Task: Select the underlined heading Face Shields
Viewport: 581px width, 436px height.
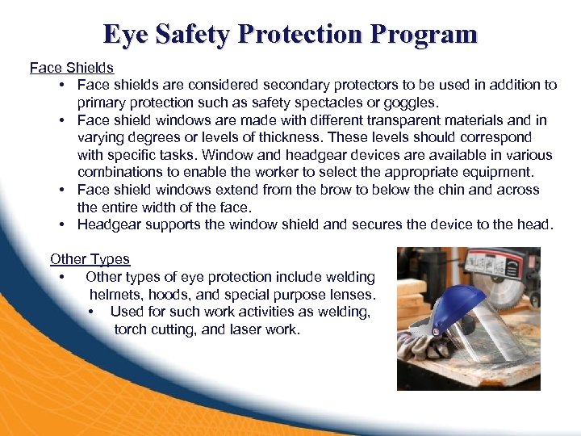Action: pyautogui.click(x=72, y=68)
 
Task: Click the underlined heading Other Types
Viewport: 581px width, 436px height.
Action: pyautogui.click(x=90, y=259)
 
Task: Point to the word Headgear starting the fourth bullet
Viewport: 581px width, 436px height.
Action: pyautogui.click(x=110, y=224)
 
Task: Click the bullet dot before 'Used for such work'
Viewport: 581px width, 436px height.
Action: pyautogui.click(x=93, y=312)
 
